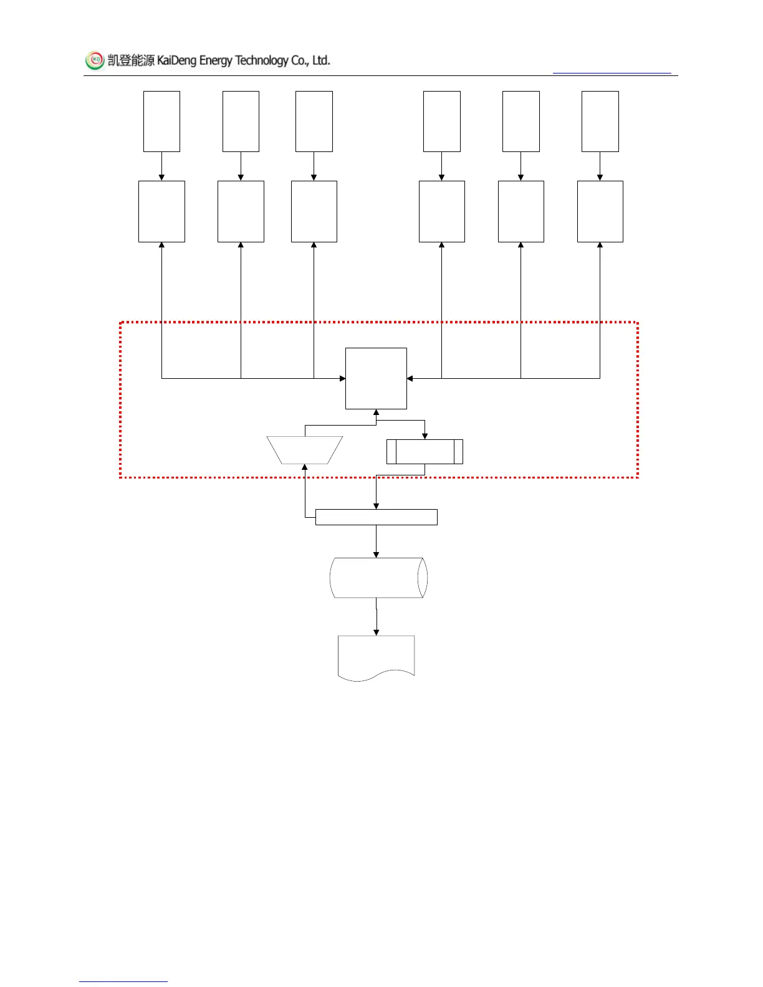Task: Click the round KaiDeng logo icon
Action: [95, 60]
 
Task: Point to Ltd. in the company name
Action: [320, 60]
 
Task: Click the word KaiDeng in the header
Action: [176, 60]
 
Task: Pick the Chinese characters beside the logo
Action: [131, 60]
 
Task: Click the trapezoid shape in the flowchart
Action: [305, 450]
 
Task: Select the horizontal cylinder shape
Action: [378, 578]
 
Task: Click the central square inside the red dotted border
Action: [376, 378]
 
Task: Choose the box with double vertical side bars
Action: [425, 451]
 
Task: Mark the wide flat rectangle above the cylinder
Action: [376, 517]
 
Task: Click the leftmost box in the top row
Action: [161, 122]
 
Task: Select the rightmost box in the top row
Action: [600, 122]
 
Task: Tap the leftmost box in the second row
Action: [161, 211]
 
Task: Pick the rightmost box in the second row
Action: [600, 211]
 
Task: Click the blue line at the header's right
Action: [612, 74]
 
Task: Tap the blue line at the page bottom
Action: [123, 981]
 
